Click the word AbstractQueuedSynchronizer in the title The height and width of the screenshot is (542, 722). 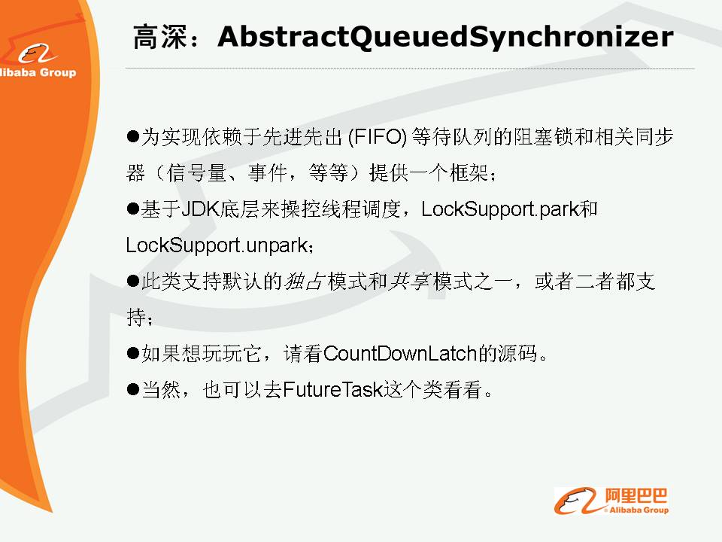click(445, 36)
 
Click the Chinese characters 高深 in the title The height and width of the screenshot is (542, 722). click(160, 37)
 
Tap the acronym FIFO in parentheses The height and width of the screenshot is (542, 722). click(378, 137)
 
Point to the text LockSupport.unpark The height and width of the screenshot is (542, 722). click(217, 245)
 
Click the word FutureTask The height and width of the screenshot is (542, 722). click(333, 389)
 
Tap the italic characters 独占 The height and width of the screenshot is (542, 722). click(305, 281)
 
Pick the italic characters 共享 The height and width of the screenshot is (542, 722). click(408, 281)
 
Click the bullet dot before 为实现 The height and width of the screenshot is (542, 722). click(132, 136)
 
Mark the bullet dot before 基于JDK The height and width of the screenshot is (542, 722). click(132, 209)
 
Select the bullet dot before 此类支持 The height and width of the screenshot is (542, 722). click(132, 281)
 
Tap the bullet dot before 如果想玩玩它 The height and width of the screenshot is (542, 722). click(132, 354)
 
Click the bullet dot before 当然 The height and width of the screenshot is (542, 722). click(132, 389)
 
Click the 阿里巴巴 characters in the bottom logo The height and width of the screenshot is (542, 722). click(636, 496)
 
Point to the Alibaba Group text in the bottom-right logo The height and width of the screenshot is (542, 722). click(639, 510)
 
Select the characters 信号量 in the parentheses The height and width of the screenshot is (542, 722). click(196, 173)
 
